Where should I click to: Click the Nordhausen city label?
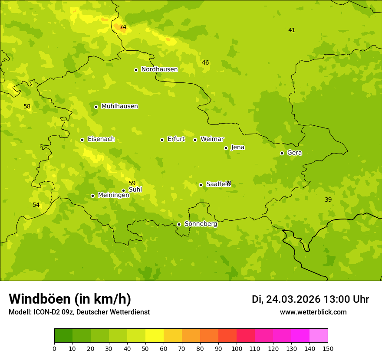(159, 69)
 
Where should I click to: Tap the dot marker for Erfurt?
(162, 140)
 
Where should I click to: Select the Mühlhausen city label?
(119, 106)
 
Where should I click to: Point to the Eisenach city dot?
(82, 140)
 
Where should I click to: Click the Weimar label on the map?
(212, 139)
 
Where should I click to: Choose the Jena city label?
(238, 147)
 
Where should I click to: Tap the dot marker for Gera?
(282, 153)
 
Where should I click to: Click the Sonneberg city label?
(201, 224)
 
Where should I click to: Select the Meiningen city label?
(113, 195)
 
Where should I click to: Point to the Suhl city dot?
(123, 190)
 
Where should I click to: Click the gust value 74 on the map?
(123, 27)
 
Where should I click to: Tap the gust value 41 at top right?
(292, 30)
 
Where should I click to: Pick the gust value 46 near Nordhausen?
(205, 63)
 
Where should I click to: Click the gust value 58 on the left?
(27, 107)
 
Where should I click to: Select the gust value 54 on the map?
(36, 205)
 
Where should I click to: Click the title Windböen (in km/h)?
(70, 299)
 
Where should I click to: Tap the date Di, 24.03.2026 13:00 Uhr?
(310, 299)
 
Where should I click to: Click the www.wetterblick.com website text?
(313, 312)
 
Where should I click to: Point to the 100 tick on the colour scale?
(237, 348)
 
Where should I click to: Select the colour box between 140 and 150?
(319, 336)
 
